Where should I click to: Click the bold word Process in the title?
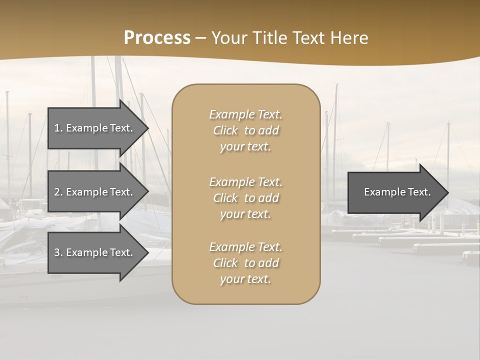point(157,38)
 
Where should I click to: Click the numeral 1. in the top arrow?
point(58,128)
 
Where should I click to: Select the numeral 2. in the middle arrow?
point(58,192)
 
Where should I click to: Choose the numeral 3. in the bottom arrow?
point(58,252)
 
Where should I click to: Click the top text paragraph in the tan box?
point(245,130)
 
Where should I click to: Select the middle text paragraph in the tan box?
point(245,198)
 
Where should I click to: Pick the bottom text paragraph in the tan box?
point(245,263)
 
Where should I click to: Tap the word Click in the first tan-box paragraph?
point(225,130)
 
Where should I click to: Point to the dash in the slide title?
point(200,38)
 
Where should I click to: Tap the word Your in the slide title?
point(228,38)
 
